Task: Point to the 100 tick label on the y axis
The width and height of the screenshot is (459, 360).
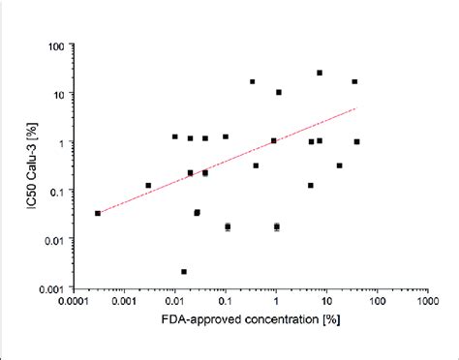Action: [x=57, y=45]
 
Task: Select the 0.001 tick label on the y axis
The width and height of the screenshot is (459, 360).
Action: [x=52, y=289]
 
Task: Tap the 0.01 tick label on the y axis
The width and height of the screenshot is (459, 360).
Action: [x=54, y=241]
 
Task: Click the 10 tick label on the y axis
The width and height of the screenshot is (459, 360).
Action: [x=60, y=94]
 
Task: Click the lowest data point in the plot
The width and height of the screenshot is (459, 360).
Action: [x=184, y=272]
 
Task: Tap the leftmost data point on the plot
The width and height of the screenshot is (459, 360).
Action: [x=98, y=213]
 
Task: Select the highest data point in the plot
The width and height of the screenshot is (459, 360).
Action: [x=320, y=73]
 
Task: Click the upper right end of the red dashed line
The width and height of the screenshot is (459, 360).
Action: [x=356, y=109]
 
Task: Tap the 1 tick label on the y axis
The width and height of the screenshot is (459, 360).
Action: [x=64, y=143]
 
